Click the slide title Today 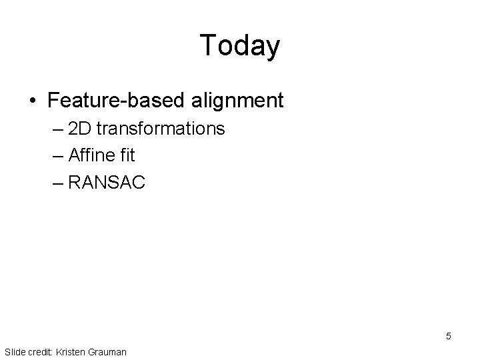(x=239, y=46)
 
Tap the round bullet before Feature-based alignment (x=33, y=101)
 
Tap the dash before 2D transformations (x=57, y=129)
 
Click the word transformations (x=161, y=129)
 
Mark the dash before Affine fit (x=57, y=156)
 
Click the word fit (x=127, y=155)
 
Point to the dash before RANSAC (x=57, y=183)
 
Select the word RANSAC (x=107, y=183)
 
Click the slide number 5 (x=449, y=336)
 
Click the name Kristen (x=73, y=351)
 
